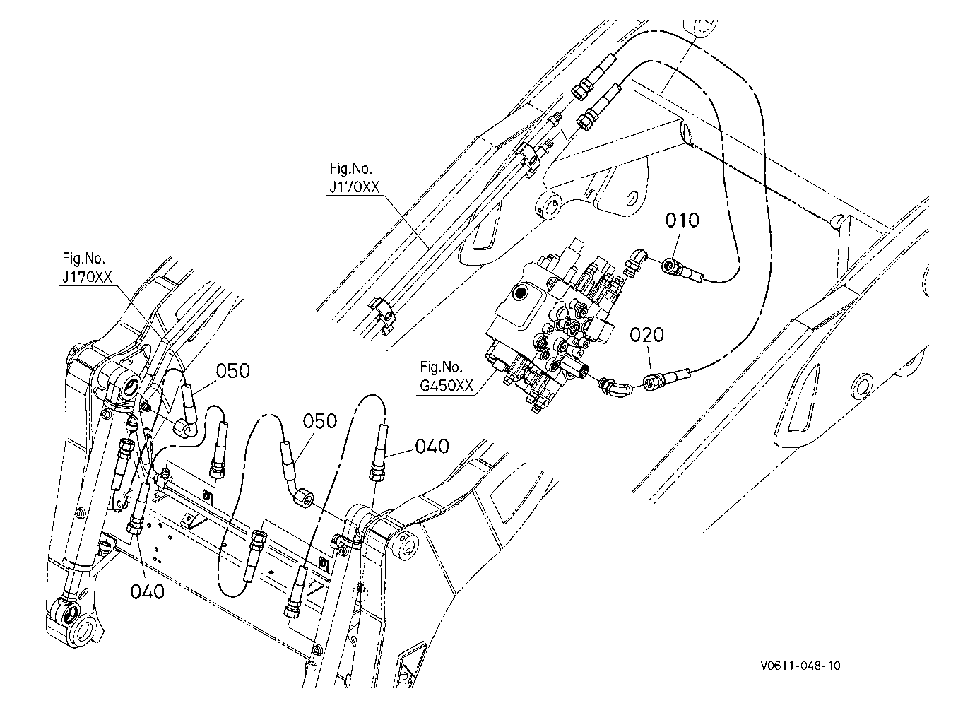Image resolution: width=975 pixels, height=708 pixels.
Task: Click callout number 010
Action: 682,220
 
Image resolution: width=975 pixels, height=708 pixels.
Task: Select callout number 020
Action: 646,335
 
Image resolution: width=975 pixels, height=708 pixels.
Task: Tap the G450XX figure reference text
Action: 446,385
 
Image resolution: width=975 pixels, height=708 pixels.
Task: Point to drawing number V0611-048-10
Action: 800,666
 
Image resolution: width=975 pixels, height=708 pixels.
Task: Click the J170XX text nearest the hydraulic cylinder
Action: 87,277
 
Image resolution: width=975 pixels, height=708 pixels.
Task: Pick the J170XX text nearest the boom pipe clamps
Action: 354,187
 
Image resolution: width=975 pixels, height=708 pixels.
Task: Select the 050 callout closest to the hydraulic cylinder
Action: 233,371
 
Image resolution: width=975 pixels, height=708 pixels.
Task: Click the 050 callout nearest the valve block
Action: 320,421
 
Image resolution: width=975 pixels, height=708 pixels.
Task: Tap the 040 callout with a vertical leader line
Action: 148,591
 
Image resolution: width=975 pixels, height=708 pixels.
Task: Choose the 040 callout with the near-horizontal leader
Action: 432,447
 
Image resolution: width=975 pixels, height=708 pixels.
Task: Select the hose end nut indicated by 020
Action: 651,383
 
